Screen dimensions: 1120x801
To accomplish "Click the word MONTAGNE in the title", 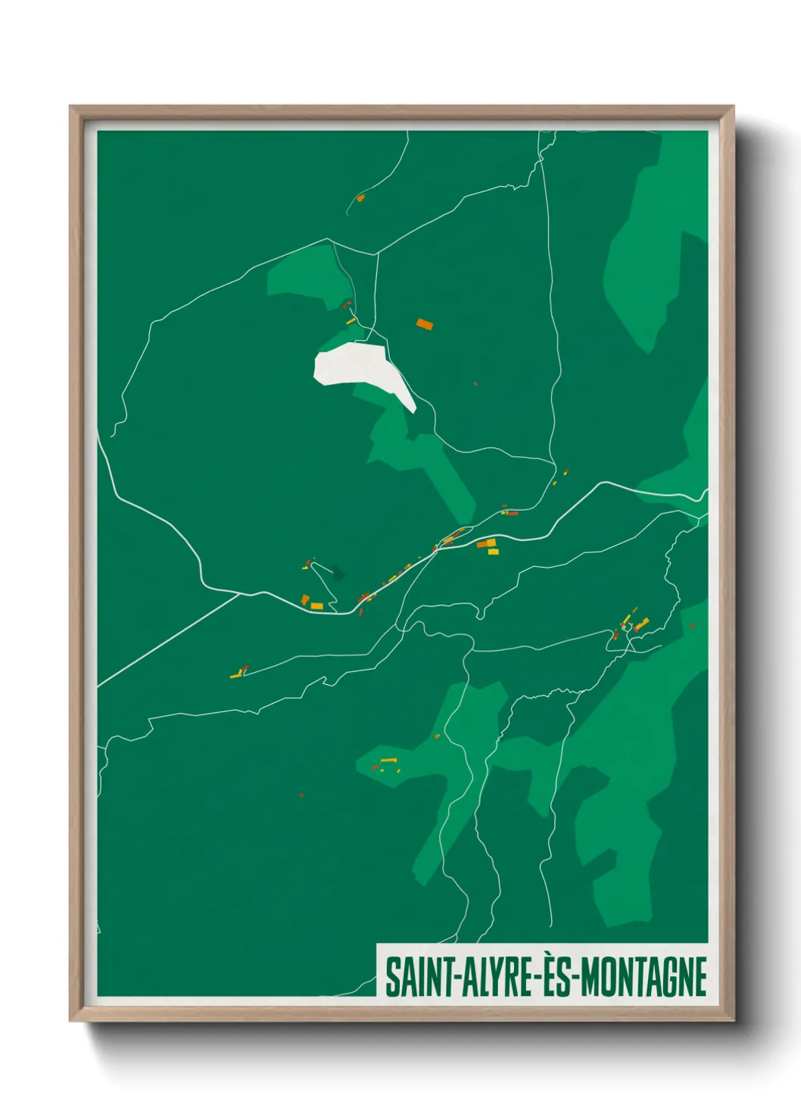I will click(644, 977).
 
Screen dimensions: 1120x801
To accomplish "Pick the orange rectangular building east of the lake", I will click(424, 325).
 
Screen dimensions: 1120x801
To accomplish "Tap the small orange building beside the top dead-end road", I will click(360, 198).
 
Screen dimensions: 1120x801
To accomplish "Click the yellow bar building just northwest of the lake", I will click(351, 321).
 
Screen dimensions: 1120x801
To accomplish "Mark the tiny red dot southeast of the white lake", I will click(475, 384).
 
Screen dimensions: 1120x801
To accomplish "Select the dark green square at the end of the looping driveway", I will click(337, 574).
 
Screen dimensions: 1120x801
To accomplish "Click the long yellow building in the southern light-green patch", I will click(388, 760).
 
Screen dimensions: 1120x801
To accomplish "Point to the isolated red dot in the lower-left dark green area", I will click(301, 795).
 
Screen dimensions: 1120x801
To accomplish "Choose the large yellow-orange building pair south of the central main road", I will click(487, 545).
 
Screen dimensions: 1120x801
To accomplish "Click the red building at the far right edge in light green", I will click(693, 626).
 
